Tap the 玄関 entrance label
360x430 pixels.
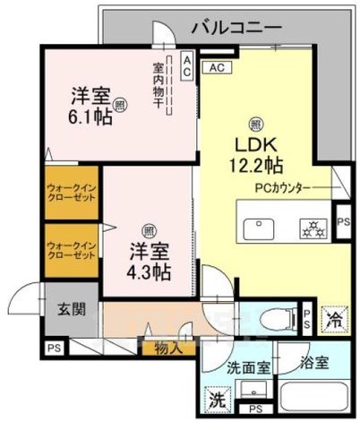pyautogui.click(x=73, y=310)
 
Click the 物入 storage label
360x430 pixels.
pyautogui.click(x=166, y=347)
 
